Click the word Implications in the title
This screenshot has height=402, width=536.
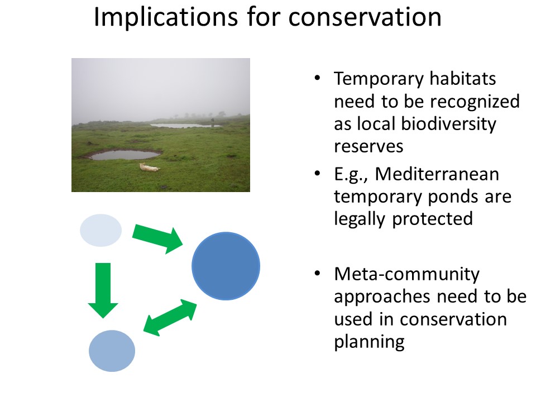pyautogui.click(x=166, y=17)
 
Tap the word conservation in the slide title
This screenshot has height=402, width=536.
pyautogui.click(x=365, y=17)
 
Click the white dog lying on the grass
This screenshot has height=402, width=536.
pyautogui.click(x=150, y=167)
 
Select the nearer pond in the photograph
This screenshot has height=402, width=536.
pyautogui.click(x=125, y=155)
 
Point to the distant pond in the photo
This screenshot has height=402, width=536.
pyautogui.click(x=185, y=126)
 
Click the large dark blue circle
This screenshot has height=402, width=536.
pyautogui.click(x=226, y=266)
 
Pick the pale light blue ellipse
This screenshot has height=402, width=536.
pyautogui.click(x=101, y=231)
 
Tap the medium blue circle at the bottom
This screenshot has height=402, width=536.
pyautogui.click(x=112, y=351)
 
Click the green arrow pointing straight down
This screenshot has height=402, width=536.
pyautogui.click(x=103, y=290)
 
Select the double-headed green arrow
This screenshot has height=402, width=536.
pyautogui.click(x=170, y=317)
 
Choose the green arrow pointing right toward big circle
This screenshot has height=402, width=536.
pyautogui.click(x=158, y=239)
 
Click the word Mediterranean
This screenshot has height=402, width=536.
pyautogui.click(x=437, y=174)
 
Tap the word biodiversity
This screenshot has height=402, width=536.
pyautogui.click(x=448, y=124)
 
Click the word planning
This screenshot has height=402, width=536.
pyautogui.click(x=369, y=342)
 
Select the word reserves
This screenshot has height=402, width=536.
pyautogui.click(x=368, y=147)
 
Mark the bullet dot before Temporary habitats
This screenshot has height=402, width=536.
pyautogui.click(x=317, y=78)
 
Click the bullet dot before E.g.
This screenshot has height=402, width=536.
pyautogui.click(x=317, y=173)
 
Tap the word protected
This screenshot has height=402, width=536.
pyautogui.click(x=432, y=219)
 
